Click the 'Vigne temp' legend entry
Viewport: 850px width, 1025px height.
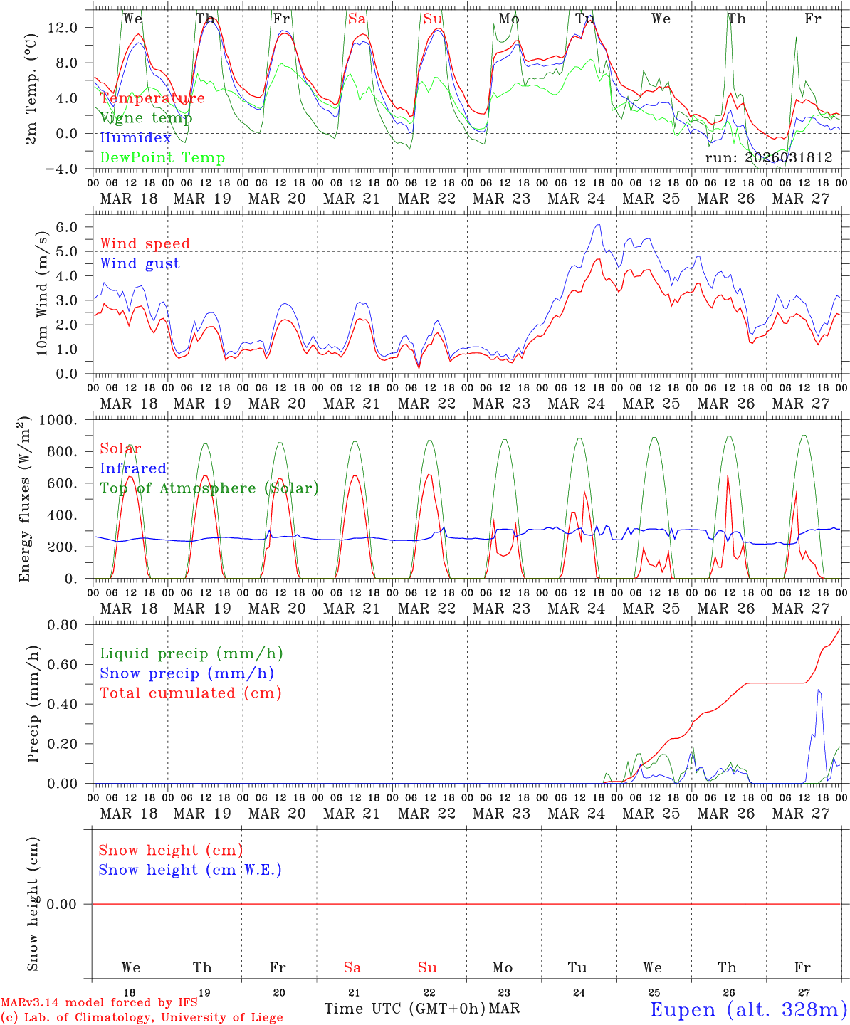(x=146, y=118)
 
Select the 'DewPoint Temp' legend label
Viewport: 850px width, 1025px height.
(x=162, y=158)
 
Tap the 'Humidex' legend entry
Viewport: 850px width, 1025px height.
(x=136, y=138)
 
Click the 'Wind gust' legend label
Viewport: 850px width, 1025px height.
(x=140, y=263)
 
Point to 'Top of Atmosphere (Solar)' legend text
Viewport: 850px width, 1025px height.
(x=209, y=488)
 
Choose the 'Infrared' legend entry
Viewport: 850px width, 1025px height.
(x=133, y=468)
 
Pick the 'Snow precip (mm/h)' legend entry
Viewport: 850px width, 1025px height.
(x=187, y=673)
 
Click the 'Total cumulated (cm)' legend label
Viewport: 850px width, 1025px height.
(x=190, y=693)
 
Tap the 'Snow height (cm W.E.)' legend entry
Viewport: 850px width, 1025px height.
(x=190, y=870)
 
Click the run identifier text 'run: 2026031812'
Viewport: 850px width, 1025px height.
(x=768, y=157)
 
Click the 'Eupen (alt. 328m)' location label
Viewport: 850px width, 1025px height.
(x=747, y=1009)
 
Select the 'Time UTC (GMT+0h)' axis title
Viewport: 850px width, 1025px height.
(x=404, y=1009)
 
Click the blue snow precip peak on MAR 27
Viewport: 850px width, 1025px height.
(x=819, y=690)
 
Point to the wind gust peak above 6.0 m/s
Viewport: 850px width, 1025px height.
(x=598, y=225)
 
